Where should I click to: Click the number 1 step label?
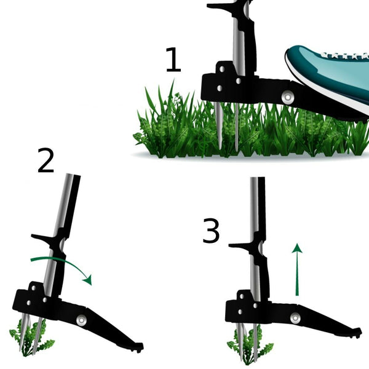(173, 60)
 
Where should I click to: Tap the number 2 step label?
(46, 161)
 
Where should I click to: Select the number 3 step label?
(211, 230)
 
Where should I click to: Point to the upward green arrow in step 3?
(297, 269)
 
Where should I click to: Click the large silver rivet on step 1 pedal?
(288, 97)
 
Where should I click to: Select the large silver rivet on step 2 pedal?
(81, 320)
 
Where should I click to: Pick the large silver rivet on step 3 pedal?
(295, 318)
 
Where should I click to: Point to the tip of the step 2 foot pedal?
(141, 347)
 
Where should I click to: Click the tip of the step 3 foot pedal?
(359, 332)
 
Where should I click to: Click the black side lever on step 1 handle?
(219, 6)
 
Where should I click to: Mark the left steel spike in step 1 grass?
(219, 126)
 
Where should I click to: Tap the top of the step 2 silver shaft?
(70, 175)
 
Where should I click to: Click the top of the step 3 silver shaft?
(254, 178)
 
